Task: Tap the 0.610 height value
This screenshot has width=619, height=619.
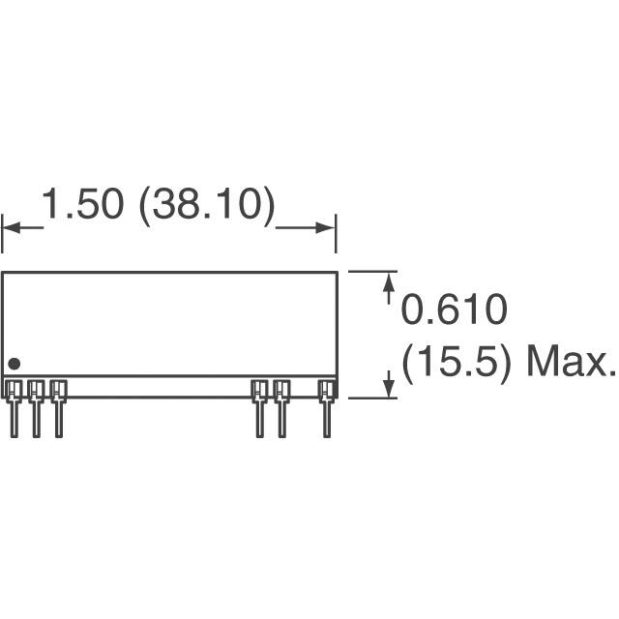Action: point(454,311)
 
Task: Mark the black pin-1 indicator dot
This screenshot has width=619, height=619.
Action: point(14,364)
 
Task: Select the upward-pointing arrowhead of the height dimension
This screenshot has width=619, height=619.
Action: point(390,281)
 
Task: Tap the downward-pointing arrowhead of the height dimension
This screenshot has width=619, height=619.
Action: point(390,388)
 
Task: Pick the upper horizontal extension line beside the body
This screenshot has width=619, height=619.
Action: point(372,272)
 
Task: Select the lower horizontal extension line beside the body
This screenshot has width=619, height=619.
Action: point(372,398)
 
